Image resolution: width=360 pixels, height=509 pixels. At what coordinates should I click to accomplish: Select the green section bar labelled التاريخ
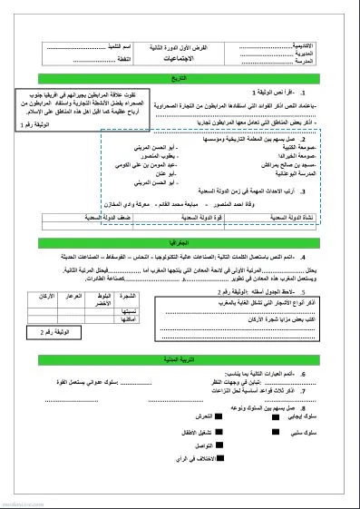pyautogui.click(x=182, y=79)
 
